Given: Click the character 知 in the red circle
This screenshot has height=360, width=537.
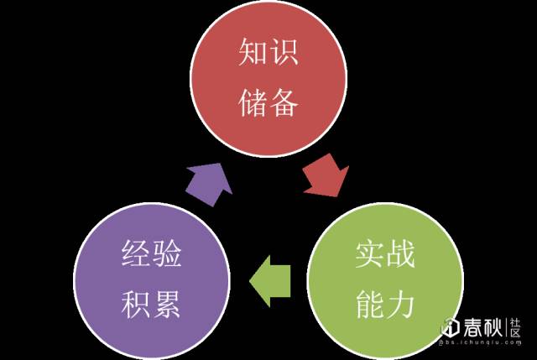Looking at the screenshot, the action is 253,55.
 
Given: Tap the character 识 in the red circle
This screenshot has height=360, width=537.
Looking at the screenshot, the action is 285,55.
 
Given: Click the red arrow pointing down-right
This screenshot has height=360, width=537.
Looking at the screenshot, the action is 326,175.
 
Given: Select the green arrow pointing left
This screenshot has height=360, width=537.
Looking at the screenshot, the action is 270,279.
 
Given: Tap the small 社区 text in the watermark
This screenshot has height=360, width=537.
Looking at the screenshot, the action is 514,326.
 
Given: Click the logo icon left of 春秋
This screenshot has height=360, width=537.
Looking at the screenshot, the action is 449,327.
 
